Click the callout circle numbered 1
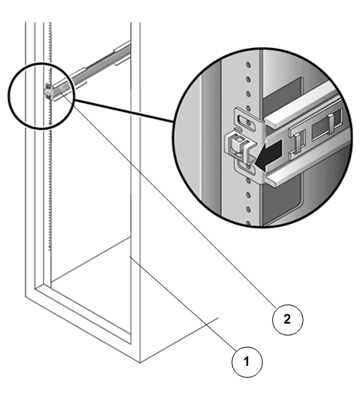[x=247, y=361]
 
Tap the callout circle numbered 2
[x=288, y=319]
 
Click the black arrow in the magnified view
[x=268, y=154]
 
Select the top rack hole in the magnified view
[x=248, y=65]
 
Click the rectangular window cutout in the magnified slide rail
[x=327, y=126]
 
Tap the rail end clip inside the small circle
[x=47, y=92]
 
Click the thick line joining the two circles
[x=124, y=111]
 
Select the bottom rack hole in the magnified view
[x=247, y=223]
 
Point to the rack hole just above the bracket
[x=248, y=108]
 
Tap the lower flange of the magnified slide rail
[x=308, y=167]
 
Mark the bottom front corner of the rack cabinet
[x=140, y=362]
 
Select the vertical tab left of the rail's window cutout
[x=298, y=143]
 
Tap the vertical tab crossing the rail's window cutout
[x=331, y=124]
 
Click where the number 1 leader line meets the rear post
[x=131, y=257]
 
